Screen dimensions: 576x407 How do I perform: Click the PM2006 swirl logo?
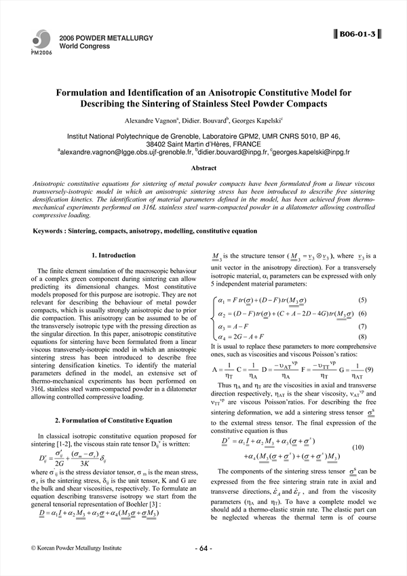pos(41,41)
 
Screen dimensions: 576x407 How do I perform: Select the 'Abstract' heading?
pos(203,170)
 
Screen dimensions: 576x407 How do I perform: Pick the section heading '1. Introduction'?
pos(113,255)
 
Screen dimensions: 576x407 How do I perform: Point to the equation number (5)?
pos(362,300)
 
